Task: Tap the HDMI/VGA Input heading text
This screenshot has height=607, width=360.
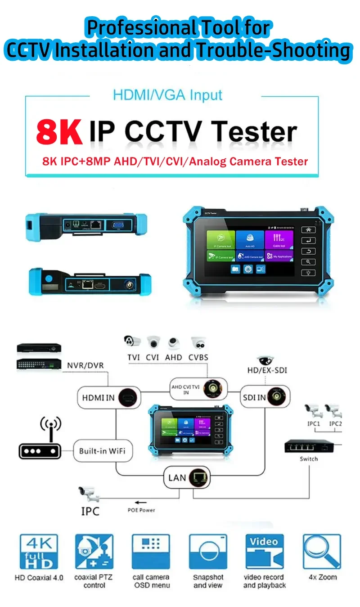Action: click(x=167, y=95)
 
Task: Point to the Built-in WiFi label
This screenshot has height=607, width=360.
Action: click(x=103, y=450)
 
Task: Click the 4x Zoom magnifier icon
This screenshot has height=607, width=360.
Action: click(x=322, y=552)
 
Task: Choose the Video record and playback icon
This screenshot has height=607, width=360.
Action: click(x=265, y=552)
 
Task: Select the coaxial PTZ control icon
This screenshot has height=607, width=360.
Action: click(x=94, y=552)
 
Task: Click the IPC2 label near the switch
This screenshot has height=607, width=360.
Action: click(x=335, y=423)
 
